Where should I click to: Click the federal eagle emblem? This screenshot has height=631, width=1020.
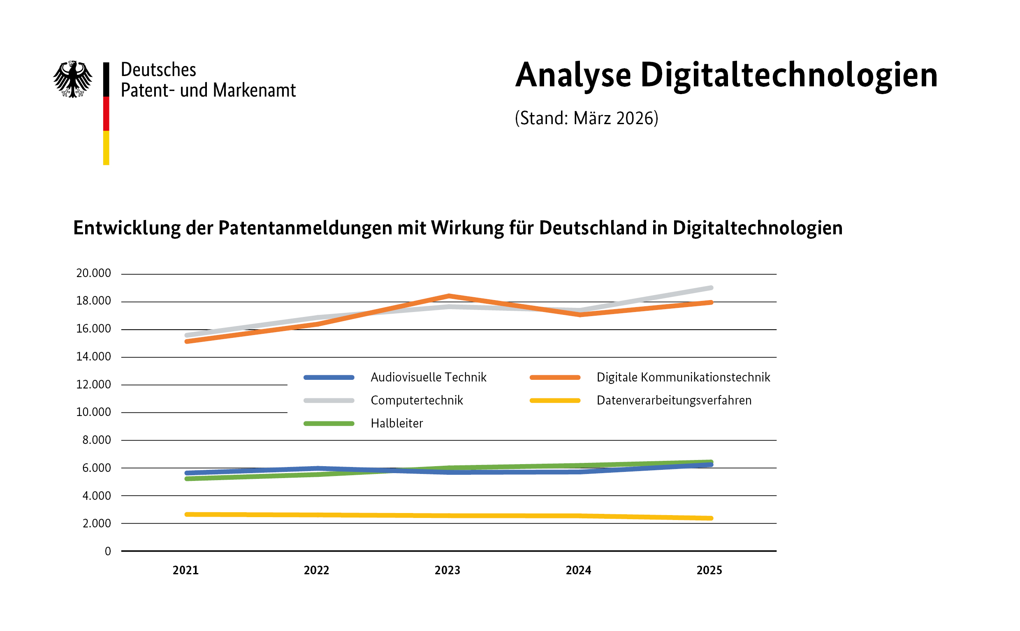coord(73,79)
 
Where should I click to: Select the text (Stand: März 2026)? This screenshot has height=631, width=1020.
coord(586,118)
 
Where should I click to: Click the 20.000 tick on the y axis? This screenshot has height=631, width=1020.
coord(93,273)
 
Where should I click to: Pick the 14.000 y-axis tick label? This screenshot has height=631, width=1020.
coord(93,356)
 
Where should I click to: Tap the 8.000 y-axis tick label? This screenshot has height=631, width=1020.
coord(96,440)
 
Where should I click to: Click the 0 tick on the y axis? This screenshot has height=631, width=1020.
coord(108,551)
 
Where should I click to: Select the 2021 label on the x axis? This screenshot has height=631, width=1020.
coord(185,570)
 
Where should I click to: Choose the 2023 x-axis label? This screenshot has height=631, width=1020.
coord(447,570)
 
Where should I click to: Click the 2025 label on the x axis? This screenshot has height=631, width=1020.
coord(709,570)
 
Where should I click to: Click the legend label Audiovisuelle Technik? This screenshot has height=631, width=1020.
coord(429,377)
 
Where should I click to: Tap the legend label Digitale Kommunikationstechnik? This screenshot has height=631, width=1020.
coord(683,377)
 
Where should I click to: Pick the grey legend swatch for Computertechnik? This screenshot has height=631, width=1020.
coord(329,401)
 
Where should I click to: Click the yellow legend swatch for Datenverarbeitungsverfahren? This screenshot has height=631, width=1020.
coord(555,401)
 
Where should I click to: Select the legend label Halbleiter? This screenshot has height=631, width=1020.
coord(396,423)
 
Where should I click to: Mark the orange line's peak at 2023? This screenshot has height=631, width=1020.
coord(448,296)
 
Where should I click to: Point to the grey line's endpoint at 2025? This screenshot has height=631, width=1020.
coord(711,288)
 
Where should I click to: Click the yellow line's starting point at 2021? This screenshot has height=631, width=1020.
coord(187,514)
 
